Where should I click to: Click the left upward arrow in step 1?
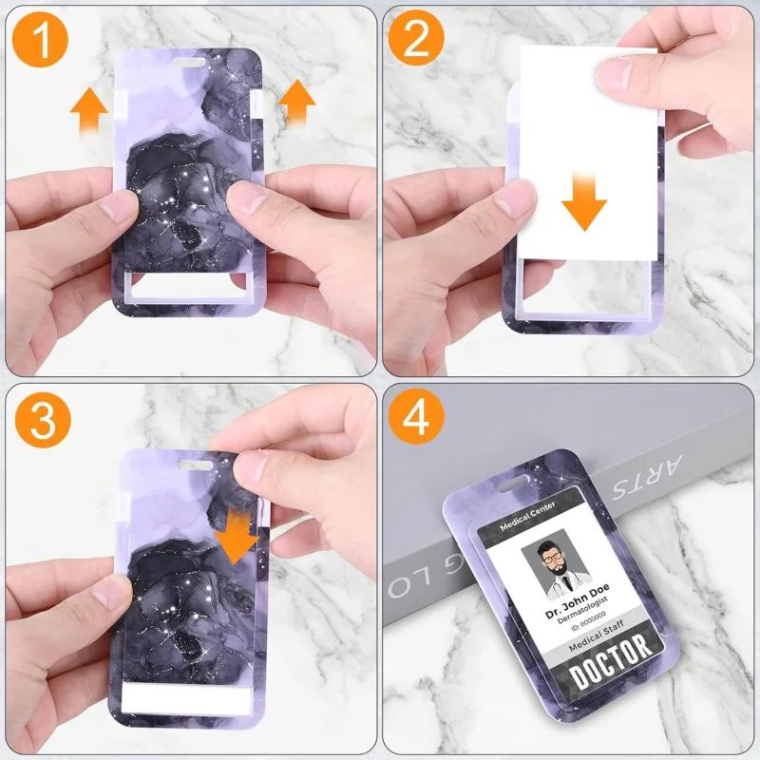(x=89, y=110)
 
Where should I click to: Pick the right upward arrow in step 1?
(x=297, y=103)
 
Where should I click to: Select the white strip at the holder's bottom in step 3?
(x=185, y=699)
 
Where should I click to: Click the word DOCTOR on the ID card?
(x=613, y=657)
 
